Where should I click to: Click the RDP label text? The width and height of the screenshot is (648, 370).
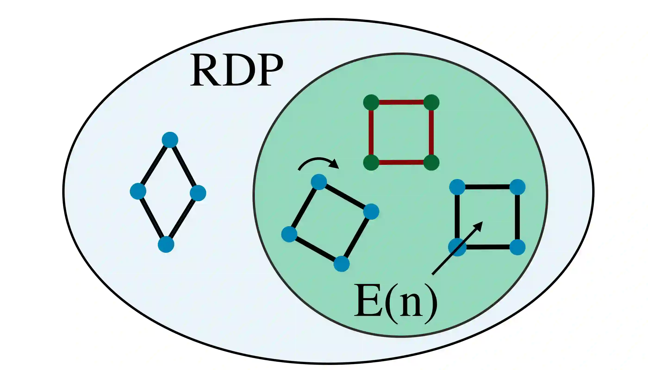click(237, 70)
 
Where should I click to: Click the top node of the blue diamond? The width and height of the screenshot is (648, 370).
click(170, 140)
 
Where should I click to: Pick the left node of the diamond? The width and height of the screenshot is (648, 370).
click(138, 191)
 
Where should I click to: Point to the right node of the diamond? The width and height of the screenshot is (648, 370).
click(198, 193)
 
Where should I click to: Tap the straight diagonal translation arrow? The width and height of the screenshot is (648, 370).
click(455, 250)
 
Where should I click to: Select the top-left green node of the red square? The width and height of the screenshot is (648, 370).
click(371, 102)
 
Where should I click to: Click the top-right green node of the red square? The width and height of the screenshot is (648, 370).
click(431, 102)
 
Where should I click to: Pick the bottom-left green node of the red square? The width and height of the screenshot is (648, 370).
click(371, 162)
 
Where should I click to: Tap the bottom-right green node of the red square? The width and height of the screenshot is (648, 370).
click(431, 162)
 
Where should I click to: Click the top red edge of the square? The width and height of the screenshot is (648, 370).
click(401, 102)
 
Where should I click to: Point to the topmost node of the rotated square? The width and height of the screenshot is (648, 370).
click(319, 182)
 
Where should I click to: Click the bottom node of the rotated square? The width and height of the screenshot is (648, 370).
click(342, 264)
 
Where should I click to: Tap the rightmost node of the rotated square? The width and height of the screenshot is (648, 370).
click(371, 212)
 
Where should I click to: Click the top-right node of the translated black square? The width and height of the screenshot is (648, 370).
click(517, 187)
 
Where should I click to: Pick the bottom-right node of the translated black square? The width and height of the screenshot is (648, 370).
click(517, 247)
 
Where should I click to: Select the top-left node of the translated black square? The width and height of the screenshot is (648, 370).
click(457, 187)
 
